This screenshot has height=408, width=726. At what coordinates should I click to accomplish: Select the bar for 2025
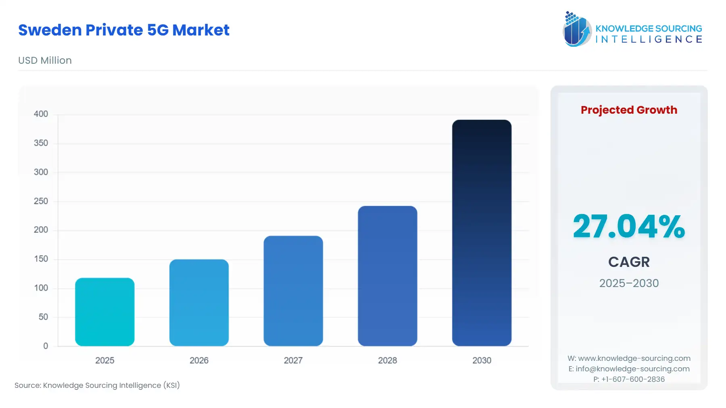coord(105,312)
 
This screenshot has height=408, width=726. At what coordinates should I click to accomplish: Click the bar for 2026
coord(199,302)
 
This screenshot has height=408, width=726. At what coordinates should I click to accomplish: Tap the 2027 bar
coord(293,291)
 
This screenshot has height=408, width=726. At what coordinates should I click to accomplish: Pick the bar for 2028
coord(388,276)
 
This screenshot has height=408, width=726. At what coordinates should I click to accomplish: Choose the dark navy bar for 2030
coord(482,233)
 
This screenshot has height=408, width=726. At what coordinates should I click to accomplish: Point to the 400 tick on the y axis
coord(41,114)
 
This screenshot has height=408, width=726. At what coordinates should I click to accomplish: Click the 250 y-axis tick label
coord(41,201)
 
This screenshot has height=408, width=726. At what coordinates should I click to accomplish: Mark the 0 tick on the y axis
coord(46,346)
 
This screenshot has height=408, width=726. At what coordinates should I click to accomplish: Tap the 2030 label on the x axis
coord(482,360)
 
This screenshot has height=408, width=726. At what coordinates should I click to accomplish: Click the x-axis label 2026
coord(199,360)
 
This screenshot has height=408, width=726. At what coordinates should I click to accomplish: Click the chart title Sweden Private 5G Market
coord(124,30)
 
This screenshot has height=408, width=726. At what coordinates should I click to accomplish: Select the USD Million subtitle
coord(45,60)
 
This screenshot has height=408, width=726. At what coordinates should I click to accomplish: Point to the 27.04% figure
coord(629,227)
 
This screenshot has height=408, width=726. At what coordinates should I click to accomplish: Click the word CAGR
coord(629,262)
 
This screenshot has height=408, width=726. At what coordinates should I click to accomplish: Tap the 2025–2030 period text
coord(629,283)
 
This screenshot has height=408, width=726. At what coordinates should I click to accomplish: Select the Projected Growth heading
coord(629,110)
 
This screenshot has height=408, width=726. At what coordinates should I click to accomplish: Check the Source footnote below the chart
coord(97,385)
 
